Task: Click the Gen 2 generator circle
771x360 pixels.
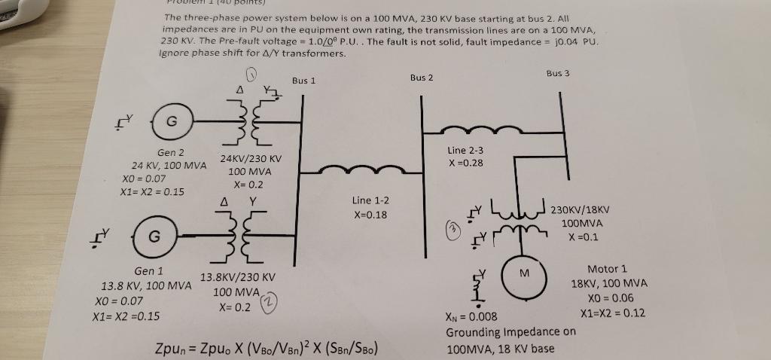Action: click(172, 123)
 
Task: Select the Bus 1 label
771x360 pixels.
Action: click(303, 81)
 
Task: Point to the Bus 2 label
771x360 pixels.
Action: click(422, 78)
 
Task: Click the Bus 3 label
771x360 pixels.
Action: click(558, 73)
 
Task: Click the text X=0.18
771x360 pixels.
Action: click(370, 215)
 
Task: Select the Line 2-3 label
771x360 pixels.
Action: click(465, 151)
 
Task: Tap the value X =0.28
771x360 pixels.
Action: click(465, 163)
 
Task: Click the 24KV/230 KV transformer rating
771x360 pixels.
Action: click(251, 159)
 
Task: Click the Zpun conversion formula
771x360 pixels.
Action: click(265, 349)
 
